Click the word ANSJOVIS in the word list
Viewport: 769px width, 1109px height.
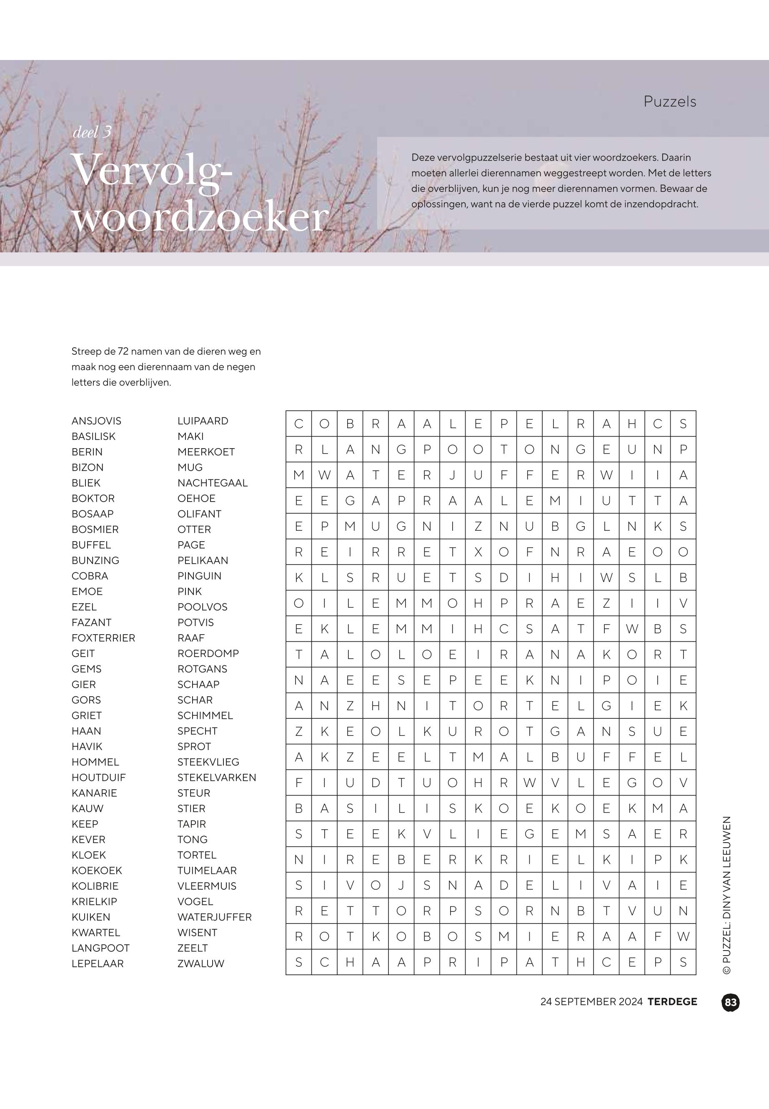96,421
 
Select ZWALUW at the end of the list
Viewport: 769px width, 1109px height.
200,963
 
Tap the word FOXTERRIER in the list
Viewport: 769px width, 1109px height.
103,637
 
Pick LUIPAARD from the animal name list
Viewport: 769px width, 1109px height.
203,421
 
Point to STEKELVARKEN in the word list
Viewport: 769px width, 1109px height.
216,778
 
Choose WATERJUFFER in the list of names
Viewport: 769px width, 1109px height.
214,917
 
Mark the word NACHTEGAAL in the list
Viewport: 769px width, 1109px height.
212,482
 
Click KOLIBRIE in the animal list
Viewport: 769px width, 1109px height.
95,886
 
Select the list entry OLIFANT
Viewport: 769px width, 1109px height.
199,514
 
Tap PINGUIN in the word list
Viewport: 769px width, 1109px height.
199,575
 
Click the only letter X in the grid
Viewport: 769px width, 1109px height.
478,552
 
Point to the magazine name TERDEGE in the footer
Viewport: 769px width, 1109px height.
672,1001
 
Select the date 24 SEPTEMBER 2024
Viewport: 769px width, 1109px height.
591,1001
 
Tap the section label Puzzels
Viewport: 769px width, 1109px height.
670,102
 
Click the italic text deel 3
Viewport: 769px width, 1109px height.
92,132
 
